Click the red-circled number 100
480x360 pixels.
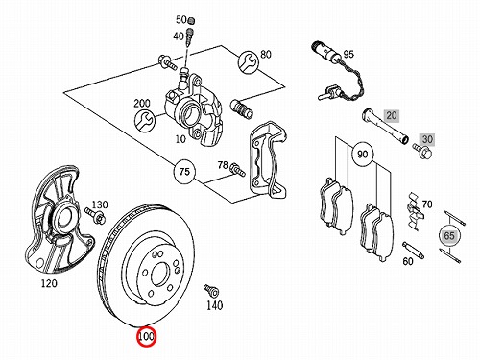coord(146,337)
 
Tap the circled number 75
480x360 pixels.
coord(184,172)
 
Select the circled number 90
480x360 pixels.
coord(362,155)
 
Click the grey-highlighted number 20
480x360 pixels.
coord(392,115)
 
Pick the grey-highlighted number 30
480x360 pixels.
coord(427,139)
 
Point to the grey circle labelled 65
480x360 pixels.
coord(449,236)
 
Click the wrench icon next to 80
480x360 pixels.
coord(248,62)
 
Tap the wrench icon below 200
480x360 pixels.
coord(145,121)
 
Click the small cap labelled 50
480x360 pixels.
coord(191,21)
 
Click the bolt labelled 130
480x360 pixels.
coord(95,215)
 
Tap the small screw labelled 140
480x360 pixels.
coord(211,291)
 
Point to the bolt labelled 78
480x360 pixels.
coord(237,169)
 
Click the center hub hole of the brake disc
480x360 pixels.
coord(159,275)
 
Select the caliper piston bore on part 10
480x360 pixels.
coord(190,112)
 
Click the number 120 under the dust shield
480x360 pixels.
coord(49,283)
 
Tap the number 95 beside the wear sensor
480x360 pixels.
coord(348,54)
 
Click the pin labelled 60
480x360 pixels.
coord(413,251)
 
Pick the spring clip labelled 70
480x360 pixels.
coord(415,211)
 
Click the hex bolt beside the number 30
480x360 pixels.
coord(422,151)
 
